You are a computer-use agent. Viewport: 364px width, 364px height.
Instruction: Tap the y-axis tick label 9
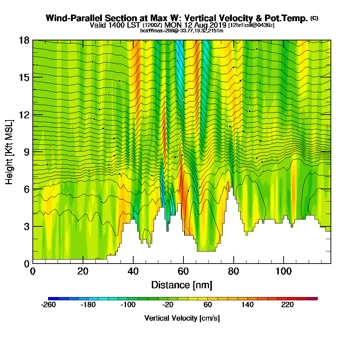26,152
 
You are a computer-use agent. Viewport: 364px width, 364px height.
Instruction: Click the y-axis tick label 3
26,226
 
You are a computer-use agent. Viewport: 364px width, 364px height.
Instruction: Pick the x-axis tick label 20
83,272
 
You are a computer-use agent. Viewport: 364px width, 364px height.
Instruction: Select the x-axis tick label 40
133,272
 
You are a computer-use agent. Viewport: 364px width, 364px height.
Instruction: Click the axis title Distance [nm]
182,285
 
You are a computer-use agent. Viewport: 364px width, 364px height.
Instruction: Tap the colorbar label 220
288,305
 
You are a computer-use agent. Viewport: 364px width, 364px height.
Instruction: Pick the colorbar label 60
208,305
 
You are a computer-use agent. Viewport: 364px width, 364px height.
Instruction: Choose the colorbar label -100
128,305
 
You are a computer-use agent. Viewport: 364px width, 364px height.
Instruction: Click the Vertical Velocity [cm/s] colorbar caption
182,318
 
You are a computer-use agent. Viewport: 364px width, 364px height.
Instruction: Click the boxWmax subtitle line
182,31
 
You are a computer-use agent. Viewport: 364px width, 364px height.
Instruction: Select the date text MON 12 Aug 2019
195,25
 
